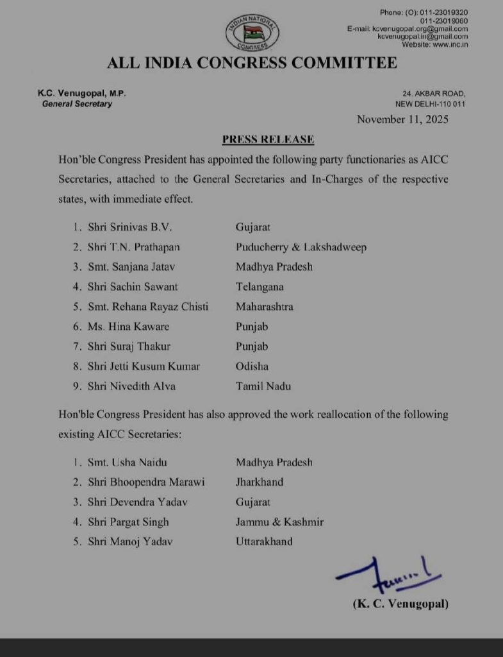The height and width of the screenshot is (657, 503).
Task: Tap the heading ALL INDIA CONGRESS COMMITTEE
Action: click(252, 63)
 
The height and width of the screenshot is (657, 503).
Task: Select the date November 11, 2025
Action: click(402, 119)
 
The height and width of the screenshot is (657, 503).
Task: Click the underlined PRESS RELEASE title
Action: click(268, 139)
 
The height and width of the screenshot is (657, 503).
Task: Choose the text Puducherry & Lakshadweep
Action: click(301, 247)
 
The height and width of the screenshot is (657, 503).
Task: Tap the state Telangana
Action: click(260, 287)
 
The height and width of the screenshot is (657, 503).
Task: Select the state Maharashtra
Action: click(264, 307)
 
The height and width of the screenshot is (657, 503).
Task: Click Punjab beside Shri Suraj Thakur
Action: click(252, 346)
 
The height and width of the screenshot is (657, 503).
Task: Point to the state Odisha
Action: click(252, 366)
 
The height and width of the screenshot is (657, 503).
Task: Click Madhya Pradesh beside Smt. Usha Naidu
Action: click(274, 462)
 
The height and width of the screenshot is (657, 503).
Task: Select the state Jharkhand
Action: click(260, 482)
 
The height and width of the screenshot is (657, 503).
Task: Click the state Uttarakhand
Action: click(264, 542)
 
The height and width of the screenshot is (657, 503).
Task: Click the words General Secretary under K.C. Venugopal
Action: click(76, 104)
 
